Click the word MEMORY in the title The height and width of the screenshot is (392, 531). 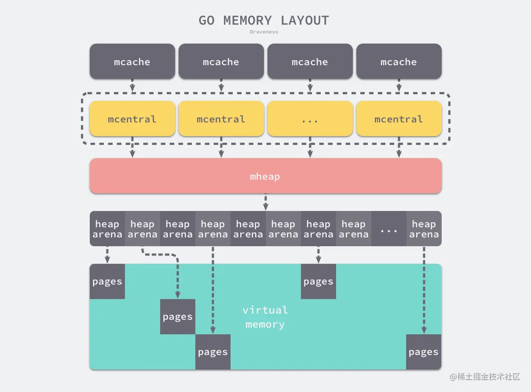point(248,20)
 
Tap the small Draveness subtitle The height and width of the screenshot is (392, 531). point(264,32)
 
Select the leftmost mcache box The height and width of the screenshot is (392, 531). point(132,61)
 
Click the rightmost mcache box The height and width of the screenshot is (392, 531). point(399,61)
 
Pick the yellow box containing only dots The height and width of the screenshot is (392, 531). point(310,118)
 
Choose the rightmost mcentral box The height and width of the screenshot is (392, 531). point(399,118)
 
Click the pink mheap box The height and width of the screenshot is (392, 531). point(266,176)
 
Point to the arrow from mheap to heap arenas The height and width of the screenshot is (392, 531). point(266,202)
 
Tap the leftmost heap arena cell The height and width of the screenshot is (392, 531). point(107,229)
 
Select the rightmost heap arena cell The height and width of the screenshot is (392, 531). point(424,229)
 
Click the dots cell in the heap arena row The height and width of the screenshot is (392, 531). point(389,229)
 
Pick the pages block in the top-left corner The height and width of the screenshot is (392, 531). point(107,281)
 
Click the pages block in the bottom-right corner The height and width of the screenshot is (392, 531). point(424,352)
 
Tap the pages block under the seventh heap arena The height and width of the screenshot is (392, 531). point(319,281)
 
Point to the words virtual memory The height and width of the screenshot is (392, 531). point(265,317)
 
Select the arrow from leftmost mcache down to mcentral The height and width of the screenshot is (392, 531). point(132,85)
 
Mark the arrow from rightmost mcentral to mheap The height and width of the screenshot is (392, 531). point(399,147)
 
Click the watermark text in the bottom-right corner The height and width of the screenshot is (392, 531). point(485,377)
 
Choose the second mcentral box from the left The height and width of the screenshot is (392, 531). point(221,118)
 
